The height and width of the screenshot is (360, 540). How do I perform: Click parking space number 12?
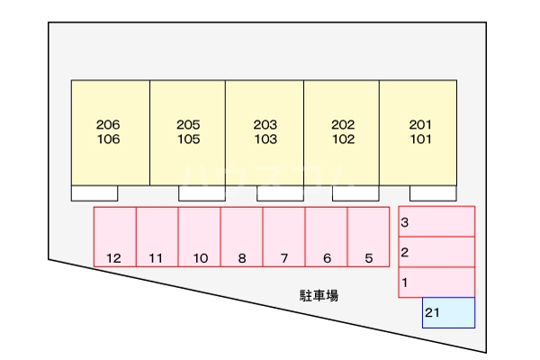coord(115,237)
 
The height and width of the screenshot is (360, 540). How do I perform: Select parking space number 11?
coord(157,237)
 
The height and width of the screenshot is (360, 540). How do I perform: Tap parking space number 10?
coord(199,237)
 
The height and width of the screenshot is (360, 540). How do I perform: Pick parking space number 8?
coord(241,237)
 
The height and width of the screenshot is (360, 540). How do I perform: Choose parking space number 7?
coord(283,237)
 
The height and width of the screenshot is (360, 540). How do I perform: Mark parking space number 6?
coord(326,237)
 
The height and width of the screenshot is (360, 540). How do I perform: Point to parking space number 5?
coord(368,237)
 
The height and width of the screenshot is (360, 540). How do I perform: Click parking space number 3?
coord(436,221)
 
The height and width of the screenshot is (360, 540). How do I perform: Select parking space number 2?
coord(436,252)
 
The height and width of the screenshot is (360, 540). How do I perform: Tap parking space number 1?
coord(436,282)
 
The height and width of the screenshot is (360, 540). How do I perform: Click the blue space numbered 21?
coord(448,313)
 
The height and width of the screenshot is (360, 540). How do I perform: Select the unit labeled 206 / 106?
coord(110,132)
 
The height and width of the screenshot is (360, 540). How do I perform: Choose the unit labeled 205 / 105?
coord(187,132)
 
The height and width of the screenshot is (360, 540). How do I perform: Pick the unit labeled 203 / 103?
coord(265,132)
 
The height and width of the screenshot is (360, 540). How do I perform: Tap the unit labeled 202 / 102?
coord(341,132)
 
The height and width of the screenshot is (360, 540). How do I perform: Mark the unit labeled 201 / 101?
coord(418,132)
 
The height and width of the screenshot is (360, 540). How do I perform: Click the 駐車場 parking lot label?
coord(319,295)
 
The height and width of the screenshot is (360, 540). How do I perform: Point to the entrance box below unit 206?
coord(94,193)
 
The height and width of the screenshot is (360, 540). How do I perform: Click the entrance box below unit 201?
coord(432,193)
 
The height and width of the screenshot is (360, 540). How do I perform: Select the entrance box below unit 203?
coord(279,193)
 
